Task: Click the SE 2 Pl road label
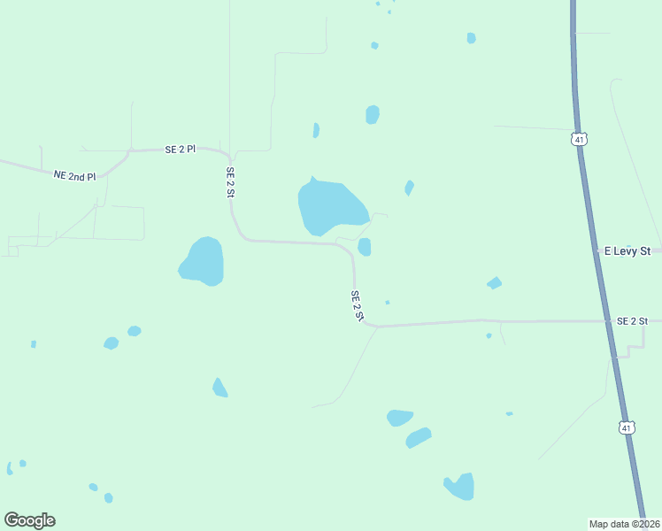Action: click(x=180, y=150)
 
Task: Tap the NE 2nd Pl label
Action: click(x=74, y=175)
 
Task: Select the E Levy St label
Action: click(x=627, y=251)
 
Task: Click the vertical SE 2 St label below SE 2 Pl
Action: click(x=230, y=181)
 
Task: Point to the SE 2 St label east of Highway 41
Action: click(x=633, y=320)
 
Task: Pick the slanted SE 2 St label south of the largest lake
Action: click(x=358, y=306)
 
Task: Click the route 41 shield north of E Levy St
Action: click(x=579, y=139)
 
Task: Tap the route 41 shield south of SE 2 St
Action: click(x=627, y=427)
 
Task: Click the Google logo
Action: click(x=29, y=520)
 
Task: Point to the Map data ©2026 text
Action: click(x=624, y=523)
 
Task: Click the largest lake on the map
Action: click(x=329, y=206)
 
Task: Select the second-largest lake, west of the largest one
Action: click(x=203, y=262)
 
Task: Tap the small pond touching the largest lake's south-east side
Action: click(x=365, y=247)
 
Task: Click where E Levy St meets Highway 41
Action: click(x=597, y=251)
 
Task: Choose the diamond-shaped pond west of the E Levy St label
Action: click(x=494, y=283)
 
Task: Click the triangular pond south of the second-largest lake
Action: click(x=219, y=388)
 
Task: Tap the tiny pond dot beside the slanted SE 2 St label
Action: click(x=387, y=303)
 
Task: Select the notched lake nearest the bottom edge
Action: click(x=461, y=486)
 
